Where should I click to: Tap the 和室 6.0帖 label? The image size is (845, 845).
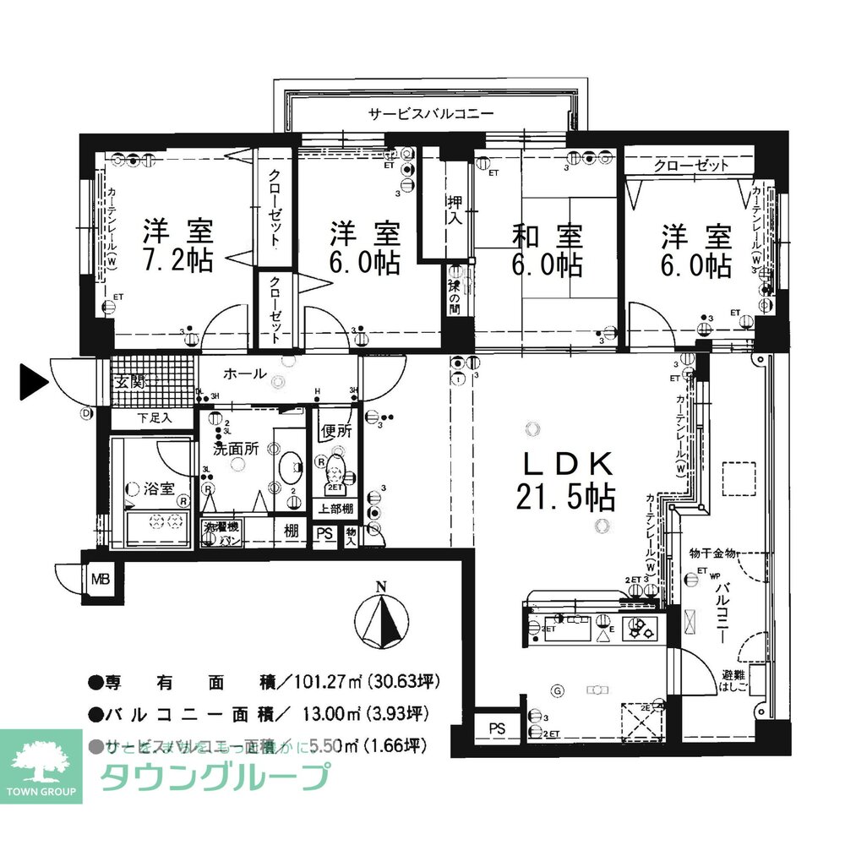tap(547, 248)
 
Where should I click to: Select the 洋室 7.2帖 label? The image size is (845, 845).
tap(177, 245)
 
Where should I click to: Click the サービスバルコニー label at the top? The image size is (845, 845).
tap(430, 113)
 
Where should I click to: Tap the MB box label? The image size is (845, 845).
tap(101, 580)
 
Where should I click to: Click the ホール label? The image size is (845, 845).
tap(246, 373)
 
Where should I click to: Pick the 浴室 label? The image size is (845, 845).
tap(158, 488)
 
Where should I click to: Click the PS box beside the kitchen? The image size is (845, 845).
tap(496, 727)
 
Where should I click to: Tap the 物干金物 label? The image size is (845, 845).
tap(712, 553)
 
